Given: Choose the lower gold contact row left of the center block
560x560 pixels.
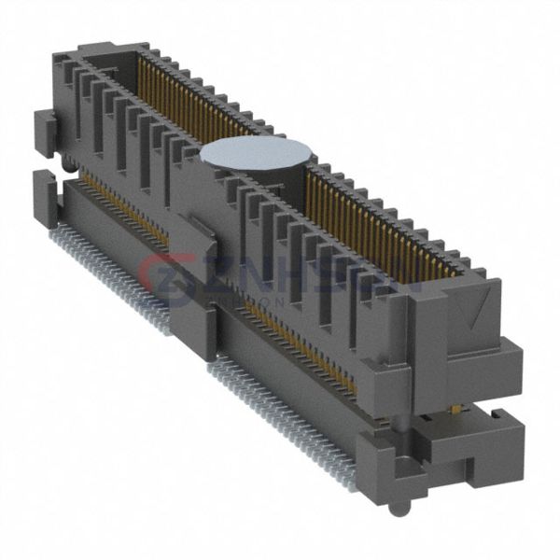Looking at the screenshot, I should (121, 201).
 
